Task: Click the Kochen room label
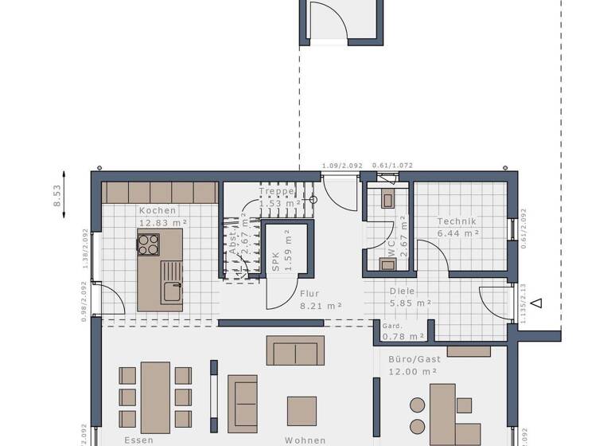(x=158, y=210)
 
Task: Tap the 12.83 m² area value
(x=162, y=223)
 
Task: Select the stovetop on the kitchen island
(x=149, y=245)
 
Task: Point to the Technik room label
(x=457, y=221)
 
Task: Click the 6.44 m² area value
(x=458, y=233)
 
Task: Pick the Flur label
(x=309, y=293)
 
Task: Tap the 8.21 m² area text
(x=321, y=305)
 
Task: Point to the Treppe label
(x=277, y=192)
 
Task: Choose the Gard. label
(x=391, y=326)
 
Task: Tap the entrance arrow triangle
(x=537, y=303)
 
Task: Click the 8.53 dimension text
(x=57, y=197)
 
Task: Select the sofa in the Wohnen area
(x=295, y=350)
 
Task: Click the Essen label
(x=138, y=440)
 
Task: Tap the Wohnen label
(x=306, y=440)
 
